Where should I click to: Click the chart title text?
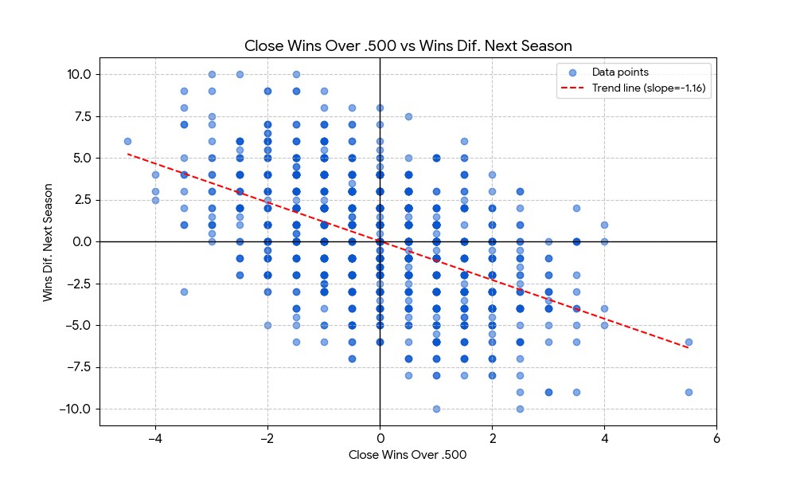coord(408,45)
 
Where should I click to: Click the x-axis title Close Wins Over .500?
coord(408,455)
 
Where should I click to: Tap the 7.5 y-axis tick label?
coord(80,116)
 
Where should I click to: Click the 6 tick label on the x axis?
coord(716,437)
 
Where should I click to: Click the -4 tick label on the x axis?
coord(154,437)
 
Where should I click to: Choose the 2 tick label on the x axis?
coord(492,437)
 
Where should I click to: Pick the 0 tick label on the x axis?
coord(380,437)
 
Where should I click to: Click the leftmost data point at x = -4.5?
coord(127,141)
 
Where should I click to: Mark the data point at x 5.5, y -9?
coord(689,392)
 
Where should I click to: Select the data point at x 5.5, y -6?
coord(689,342)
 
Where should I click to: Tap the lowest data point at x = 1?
coord(436,409)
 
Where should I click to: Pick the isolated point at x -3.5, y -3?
coord(184,292)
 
